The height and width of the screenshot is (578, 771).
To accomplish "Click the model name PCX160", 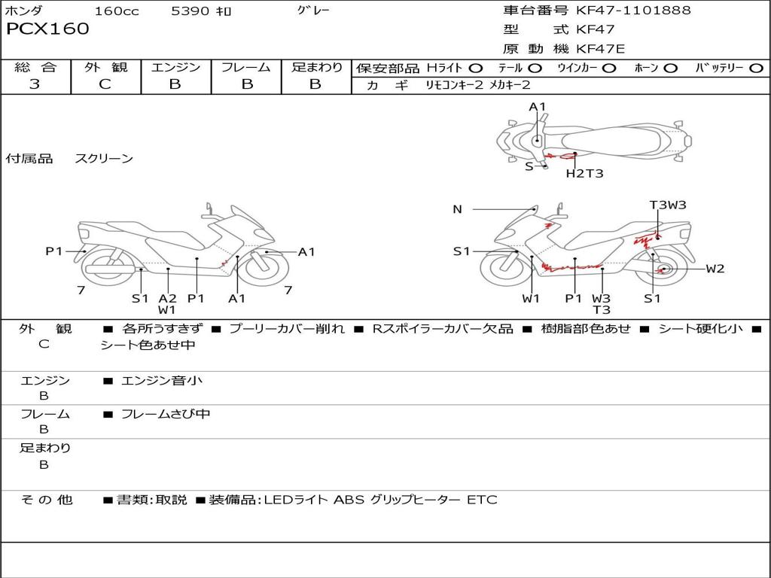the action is tap(47, 29).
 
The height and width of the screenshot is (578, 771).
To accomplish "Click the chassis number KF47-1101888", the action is tap(633, 11).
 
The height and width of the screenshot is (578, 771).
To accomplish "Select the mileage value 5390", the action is tap(190, 11).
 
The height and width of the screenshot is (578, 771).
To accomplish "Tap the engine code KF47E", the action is tap(600, 49).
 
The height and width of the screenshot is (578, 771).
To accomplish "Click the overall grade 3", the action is tap(35, 84).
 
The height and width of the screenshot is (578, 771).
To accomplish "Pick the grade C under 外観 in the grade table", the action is tap(105, 84).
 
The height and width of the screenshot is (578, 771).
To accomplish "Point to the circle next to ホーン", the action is tap(671, 68).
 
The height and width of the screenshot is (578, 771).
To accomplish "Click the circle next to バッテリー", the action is tap(756, 68).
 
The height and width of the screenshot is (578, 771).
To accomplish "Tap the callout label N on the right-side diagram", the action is tap(457, 209).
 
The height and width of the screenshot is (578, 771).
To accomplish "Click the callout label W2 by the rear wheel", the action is tap(715, 269).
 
